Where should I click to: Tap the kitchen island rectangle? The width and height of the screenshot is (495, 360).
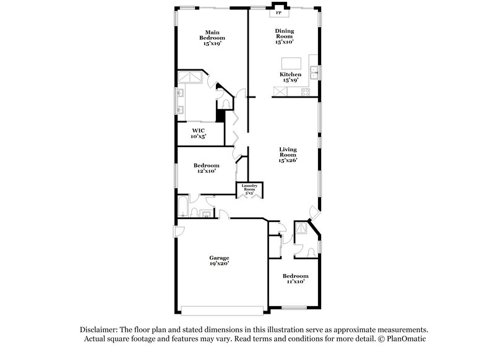(291, 64)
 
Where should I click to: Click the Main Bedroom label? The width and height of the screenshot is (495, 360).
(211, 38)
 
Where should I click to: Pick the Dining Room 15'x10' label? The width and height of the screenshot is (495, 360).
(285, 36)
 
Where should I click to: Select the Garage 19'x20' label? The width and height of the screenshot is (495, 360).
(219, 261)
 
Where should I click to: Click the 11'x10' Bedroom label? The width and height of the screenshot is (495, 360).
(295, 278)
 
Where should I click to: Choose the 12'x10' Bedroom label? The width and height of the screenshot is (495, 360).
(206, 168)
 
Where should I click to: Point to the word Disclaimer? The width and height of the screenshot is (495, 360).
(99, 330)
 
